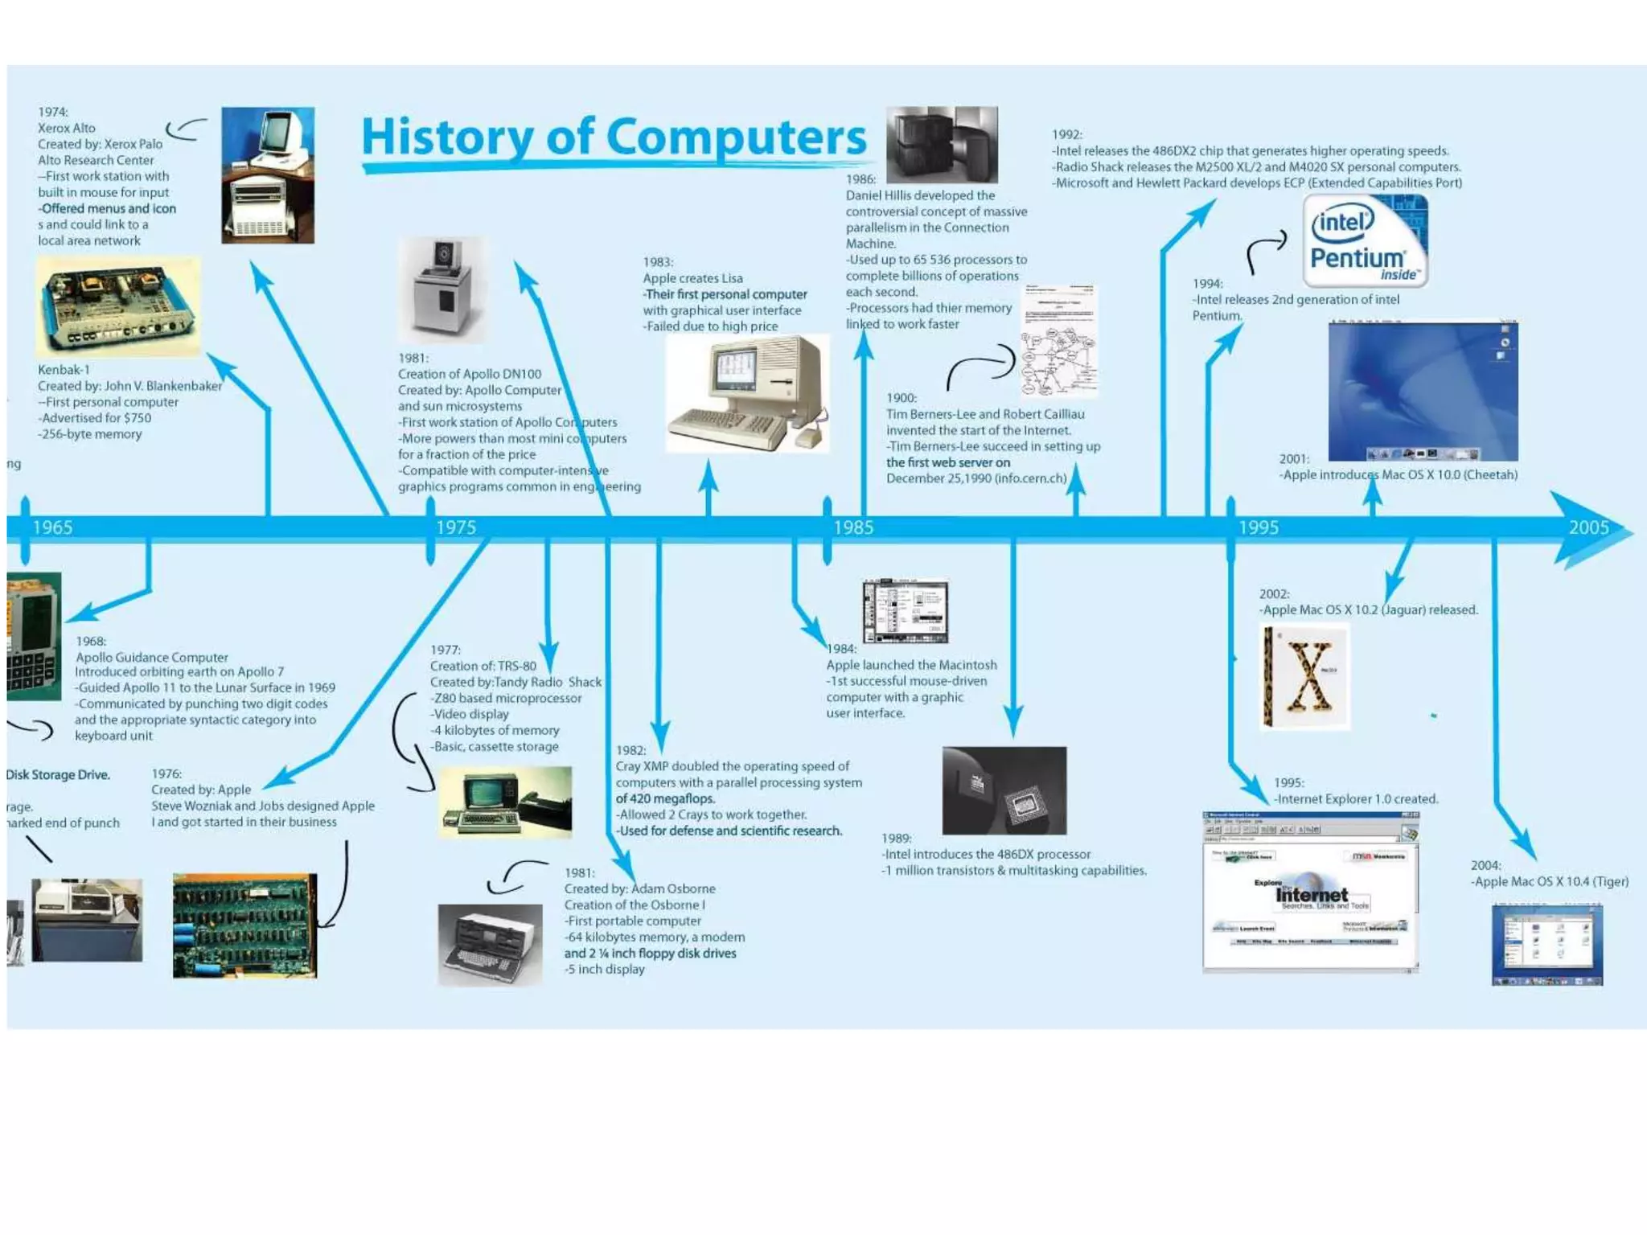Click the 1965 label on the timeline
coord(52,527)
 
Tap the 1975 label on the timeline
coord(456,527)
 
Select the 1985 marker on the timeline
coord(853,527)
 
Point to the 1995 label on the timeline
coord(1259,527)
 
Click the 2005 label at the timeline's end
coord(1589,527)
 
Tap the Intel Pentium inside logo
coord(1365,241)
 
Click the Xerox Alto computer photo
coord(268,175)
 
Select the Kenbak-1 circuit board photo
coord(118,307)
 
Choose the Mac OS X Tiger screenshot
coord(1547,945)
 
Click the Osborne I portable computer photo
coord(490,945)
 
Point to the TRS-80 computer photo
coord(506,802)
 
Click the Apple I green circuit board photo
coord(244,925)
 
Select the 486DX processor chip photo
coord(1004,790)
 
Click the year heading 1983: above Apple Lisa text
coord(658,262)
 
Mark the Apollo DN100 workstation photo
coord(442,289)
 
